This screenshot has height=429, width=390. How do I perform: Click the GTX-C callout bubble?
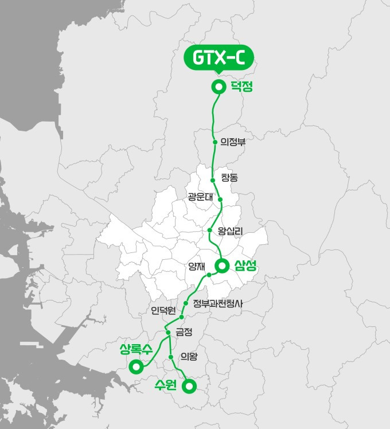[x=219, y=59]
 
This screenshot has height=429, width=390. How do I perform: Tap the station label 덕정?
[x=241, y=87]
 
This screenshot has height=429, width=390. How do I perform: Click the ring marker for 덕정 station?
[x=218, y=87]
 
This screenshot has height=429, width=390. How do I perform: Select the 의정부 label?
[x=233, y=142]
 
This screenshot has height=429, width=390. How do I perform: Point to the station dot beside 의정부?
[x=215, y=142]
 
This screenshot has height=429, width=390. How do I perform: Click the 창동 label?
[x=229, y=178]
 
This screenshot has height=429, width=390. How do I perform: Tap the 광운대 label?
[x=200, y=197]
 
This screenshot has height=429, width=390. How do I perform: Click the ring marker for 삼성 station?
[x=222, y=265]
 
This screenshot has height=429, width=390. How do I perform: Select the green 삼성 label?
[x=245, y=265]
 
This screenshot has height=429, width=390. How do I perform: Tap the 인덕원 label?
[x=163, y=311]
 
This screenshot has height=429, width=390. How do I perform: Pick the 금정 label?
[x=185, y=331]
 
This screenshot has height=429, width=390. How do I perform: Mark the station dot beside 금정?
[x=168, y=332]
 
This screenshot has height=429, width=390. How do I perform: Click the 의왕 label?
[x=189, y=357]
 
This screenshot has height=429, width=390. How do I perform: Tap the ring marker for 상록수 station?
[x=136, y=365]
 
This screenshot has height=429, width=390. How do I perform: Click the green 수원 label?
[x=167, y=385]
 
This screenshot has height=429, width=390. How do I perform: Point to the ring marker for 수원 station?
[x=188, y=387]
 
